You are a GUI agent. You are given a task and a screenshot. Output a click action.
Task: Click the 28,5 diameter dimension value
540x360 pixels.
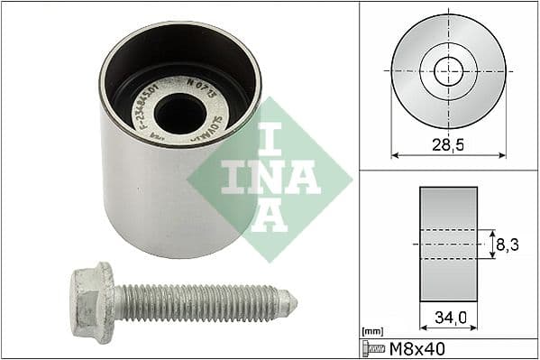click(x=448, y=144)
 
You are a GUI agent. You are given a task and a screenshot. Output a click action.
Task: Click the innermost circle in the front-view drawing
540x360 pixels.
click(x=448, y=70)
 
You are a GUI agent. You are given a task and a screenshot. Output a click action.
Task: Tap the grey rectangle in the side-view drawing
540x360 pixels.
click(x=449, y=244)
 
